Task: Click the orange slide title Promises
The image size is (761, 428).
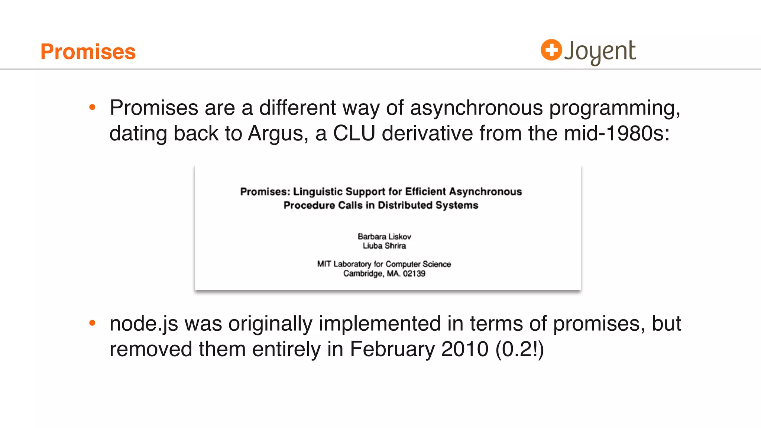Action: tap(88, 51)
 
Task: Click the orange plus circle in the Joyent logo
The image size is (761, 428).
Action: tap(551, 50)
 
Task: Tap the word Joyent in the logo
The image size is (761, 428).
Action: tap(600, 51)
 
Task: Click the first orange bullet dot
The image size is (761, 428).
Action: tap(93, 108)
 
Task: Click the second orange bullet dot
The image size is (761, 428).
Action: tap(93, 323)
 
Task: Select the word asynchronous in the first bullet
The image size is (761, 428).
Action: tap(476, 108)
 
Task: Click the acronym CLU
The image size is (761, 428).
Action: tap(354, 133)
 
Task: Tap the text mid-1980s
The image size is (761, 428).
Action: tap(616, 133)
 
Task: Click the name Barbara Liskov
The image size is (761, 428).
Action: tap(384, 237)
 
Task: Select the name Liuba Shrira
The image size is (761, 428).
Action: tap(384, 246)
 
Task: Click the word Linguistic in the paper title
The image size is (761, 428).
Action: tap(318, 192)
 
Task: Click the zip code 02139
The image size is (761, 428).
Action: tap(414, 274)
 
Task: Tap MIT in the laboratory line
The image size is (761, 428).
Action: tap(324, 264)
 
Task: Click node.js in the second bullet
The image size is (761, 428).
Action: tap(144, 324)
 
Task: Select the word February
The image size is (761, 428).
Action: tap(392, 349)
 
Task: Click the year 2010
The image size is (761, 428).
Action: tap(464, 349)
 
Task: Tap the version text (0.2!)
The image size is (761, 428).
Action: tap(519, 349)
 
